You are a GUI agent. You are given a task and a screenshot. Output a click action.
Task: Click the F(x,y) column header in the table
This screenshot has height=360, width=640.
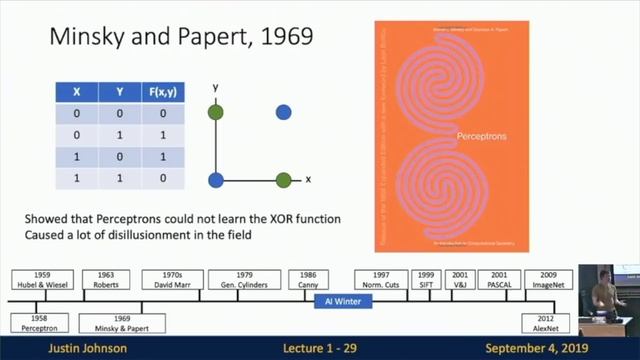(157, 90)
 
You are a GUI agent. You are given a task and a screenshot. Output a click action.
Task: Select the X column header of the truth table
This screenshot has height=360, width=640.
(76, 90)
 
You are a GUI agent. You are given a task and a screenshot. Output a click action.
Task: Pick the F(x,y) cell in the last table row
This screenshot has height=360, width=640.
(157, 178)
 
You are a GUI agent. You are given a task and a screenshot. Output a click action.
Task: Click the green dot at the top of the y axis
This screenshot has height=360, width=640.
(215, 112)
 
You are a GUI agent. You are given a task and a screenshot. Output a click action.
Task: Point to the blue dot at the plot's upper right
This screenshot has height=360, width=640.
(284, 112)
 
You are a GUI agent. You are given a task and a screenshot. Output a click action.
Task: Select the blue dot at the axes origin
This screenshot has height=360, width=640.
(215, 181)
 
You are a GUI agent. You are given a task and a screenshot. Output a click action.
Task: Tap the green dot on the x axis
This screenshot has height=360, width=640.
(284, 181)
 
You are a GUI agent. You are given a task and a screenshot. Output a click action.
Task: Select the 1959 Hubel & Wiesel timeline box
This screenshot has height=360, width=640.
(43, 279)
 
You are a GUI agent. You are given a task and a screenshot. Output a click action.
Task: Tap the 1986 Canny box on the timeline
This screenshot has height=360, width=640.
(309, 279)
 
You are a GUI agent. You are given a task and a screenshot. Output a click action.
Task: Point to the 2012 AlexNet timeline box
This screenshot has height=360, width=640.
(545, 322)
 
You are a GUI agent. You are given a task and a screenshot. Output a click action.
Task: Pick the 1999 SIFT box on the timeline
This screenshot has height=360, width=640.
(425, 279)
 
